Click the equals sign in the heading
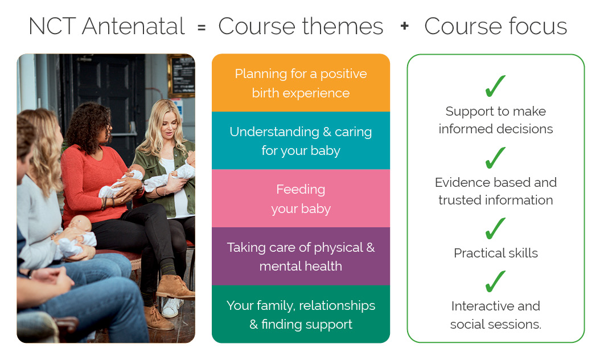click(202, 27)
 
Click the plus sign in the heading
click(404, 26)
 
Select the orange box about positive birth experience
click(301, 83)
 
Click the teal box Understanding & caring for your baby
click(301, 141)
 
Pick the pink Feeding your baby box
click(301, 198)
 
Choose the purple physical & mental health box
click(301, 256)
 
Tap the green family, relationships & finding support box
click(301, 314)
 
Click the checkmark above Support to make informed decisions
click(495, 86)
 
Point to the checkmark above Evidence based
click(495, 158)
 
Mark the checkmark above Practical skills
click(495, 228)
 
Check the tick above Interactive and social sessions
click(495, 281)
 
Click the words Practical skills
click(495, 253)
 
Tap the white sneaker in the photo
click(171, 308)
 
